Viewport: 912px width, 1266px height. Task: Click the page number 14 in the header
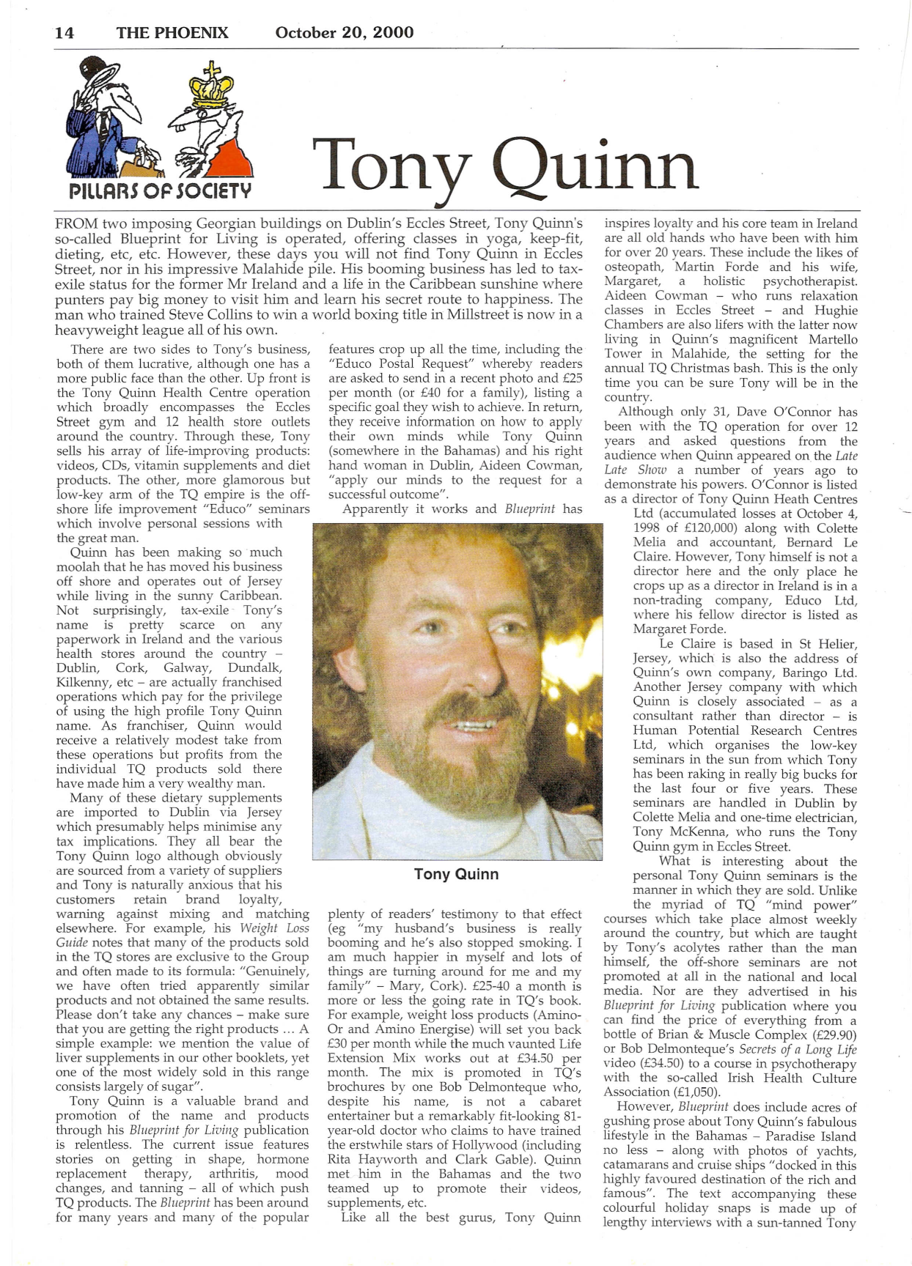(x=65, y=33)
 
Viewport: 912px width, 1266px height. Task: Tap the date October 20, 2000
(x=344, y=33)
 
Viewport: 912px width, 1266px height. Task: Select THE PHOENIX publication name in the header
(x=172, y=33)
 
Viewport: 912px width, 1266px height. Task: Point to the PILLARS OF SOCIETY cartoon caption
(x=160, y=192)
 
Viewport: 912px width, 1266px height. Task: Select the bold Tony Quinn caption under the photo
(x=456, y=874)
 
